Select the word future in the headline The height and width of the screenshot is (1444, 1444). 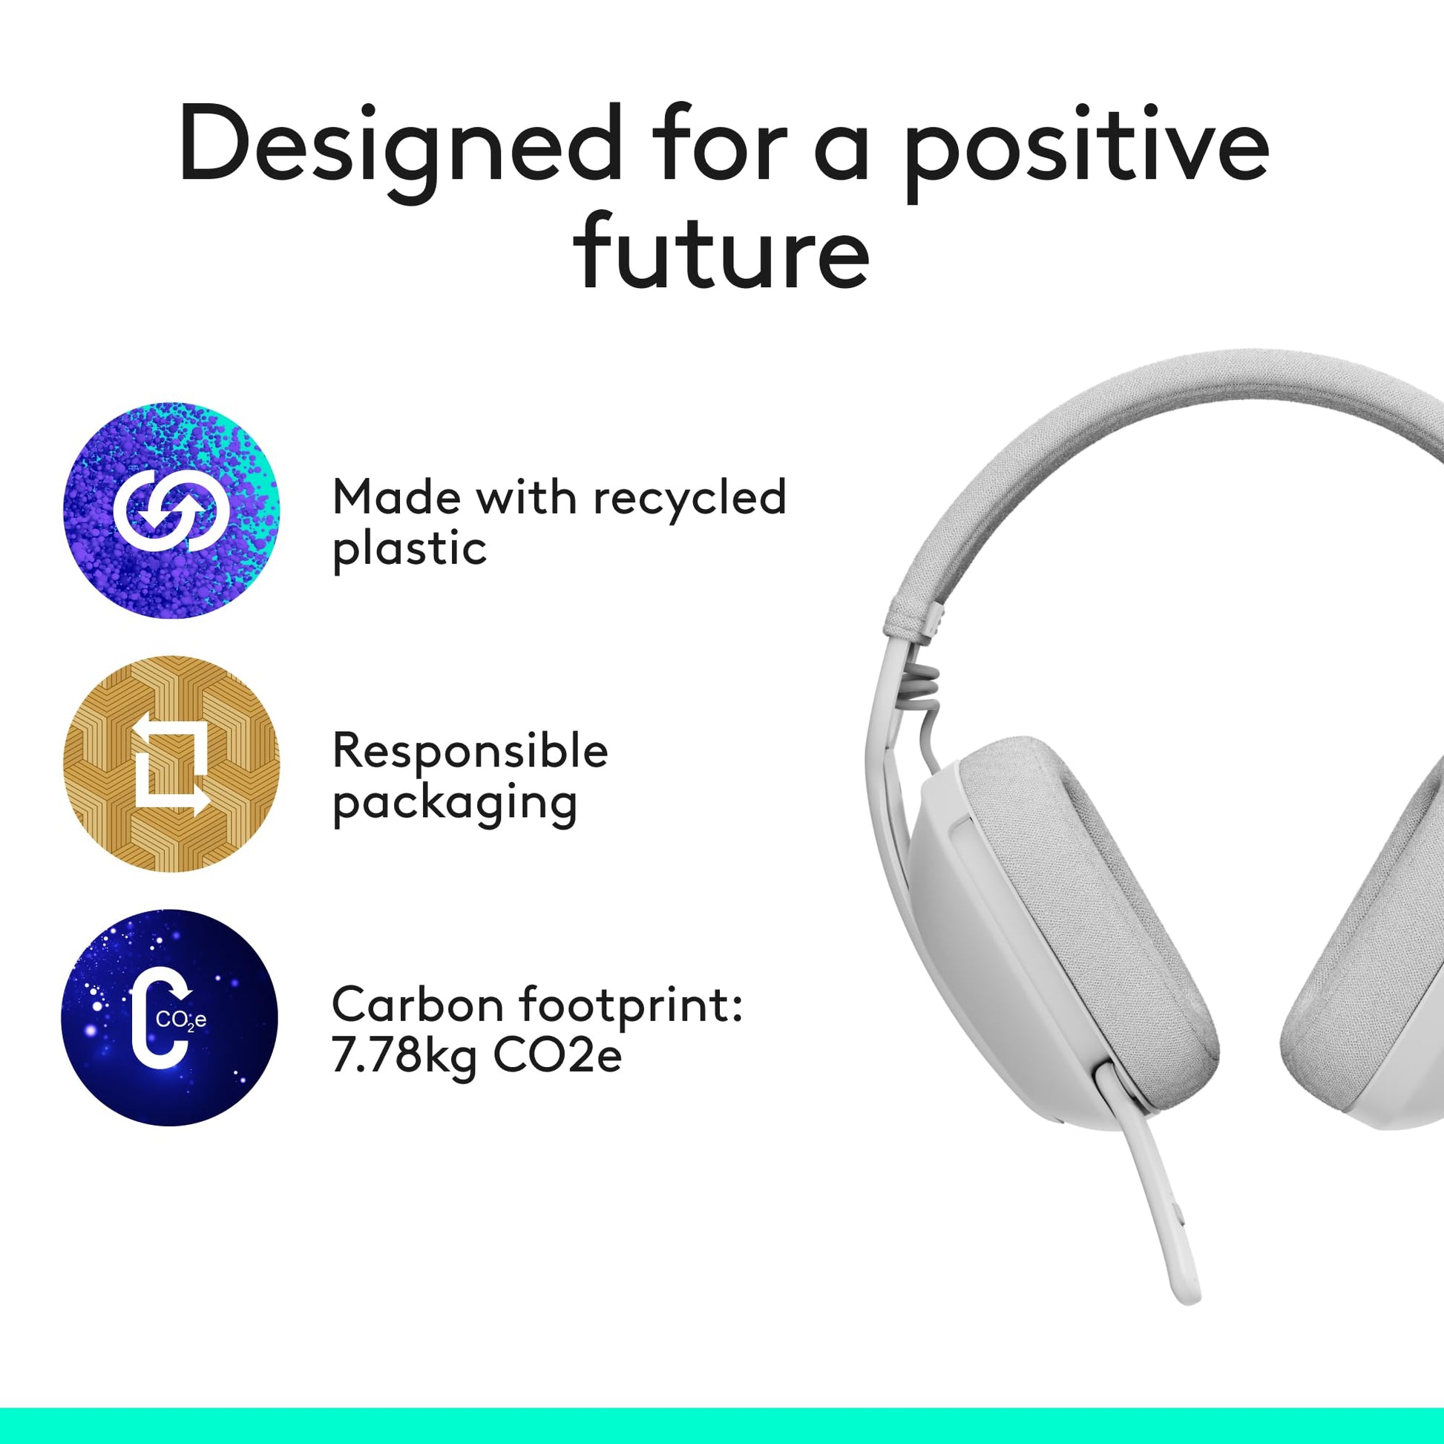coord(722,249)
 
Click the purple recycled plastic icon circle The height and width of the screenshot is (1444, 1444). coord(171,511)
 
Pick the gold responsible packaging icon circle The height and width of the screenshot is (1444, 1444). coord(171,764)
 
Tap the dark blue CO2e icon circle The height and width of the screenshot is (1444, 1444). coord(170,1017)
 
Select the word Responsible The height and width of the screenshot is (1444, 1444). coord(470,751)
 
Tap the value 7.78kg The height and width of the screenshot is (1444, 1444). coord(404,1057)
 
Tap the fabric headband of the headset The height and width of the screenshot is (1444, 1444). coord(1121,463)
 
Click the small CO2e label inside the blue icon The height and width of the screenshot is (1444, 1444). coord(181,1020)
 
